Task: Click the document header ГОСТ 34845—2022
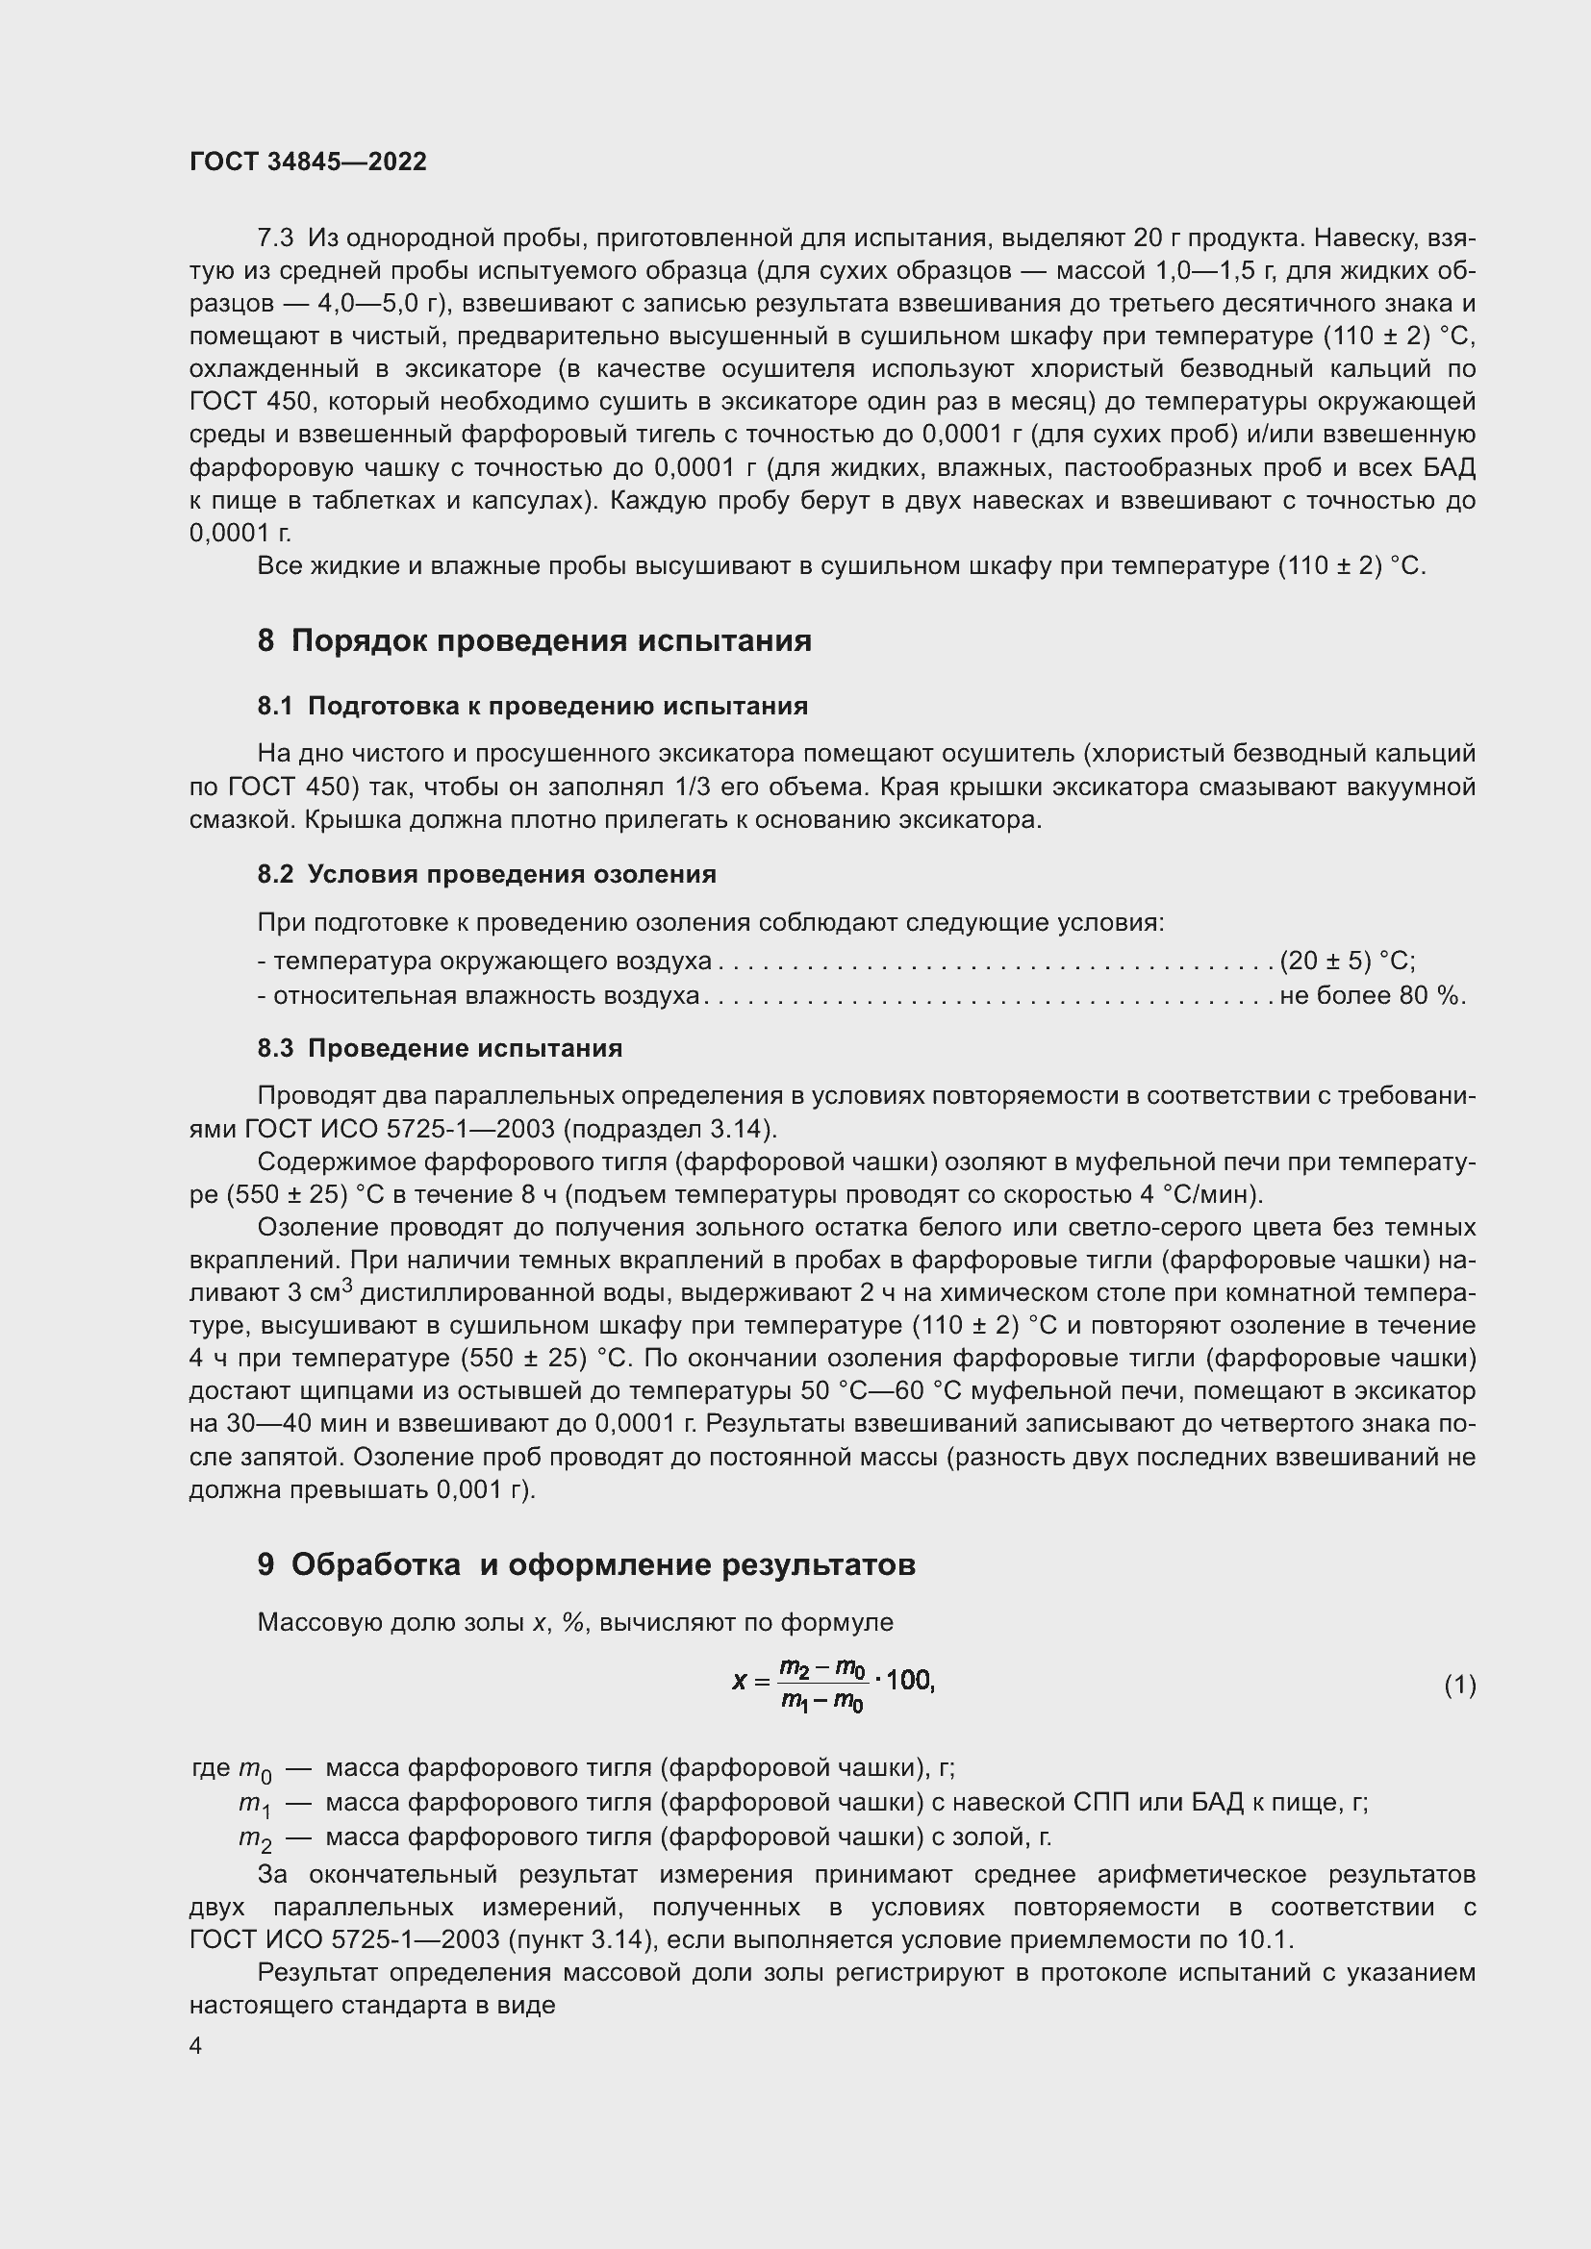point(308,162)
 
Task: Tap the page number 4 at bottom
point(196,2045)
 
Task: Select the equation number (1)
point(1459,1685)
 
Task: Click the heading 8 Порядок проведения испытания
point(534,640)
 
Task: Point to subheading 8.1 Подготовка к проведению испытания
point(532,707)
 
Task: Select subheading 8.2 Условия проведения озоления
point(487,874)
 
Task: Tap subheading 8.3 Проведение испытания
point(440,1048)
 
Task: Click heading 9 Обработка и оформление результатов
point(586,1564)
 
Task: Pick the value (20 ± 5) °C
point(1347,961)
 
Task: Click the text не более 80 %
point(1373,996)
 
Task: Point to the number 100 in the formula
point(909,1681)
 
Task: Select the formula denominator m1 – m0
point(821,1702)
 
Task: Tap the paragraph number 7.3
point(275,238)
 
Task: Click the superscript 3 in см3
point(347,1286)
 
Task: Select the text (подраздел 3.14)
point(671,1130)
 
